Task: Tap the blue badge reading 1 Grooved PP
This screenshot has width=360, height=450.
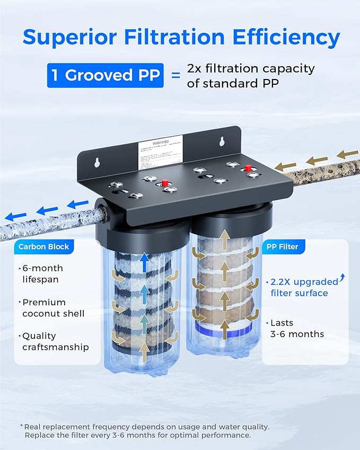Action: [104, 75]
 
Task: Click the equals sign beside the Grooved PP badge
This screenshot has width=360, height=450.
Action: [174, 75]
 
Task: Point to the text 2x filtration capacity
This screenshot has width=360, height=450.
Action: [251, 68]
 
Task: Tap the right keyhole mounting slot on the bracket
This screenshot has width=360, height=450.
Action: [223, 142]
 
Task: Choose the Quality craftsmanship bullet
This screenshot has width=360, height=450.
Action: [55, 341]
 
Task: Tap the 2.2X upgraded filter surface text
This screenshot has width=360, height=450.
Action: [302, 287]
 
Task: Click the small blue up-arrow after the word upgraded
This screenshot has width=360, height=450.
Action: [341, 277]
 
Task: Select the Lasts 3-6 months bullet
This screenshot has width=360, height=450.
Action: [297, 328]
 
